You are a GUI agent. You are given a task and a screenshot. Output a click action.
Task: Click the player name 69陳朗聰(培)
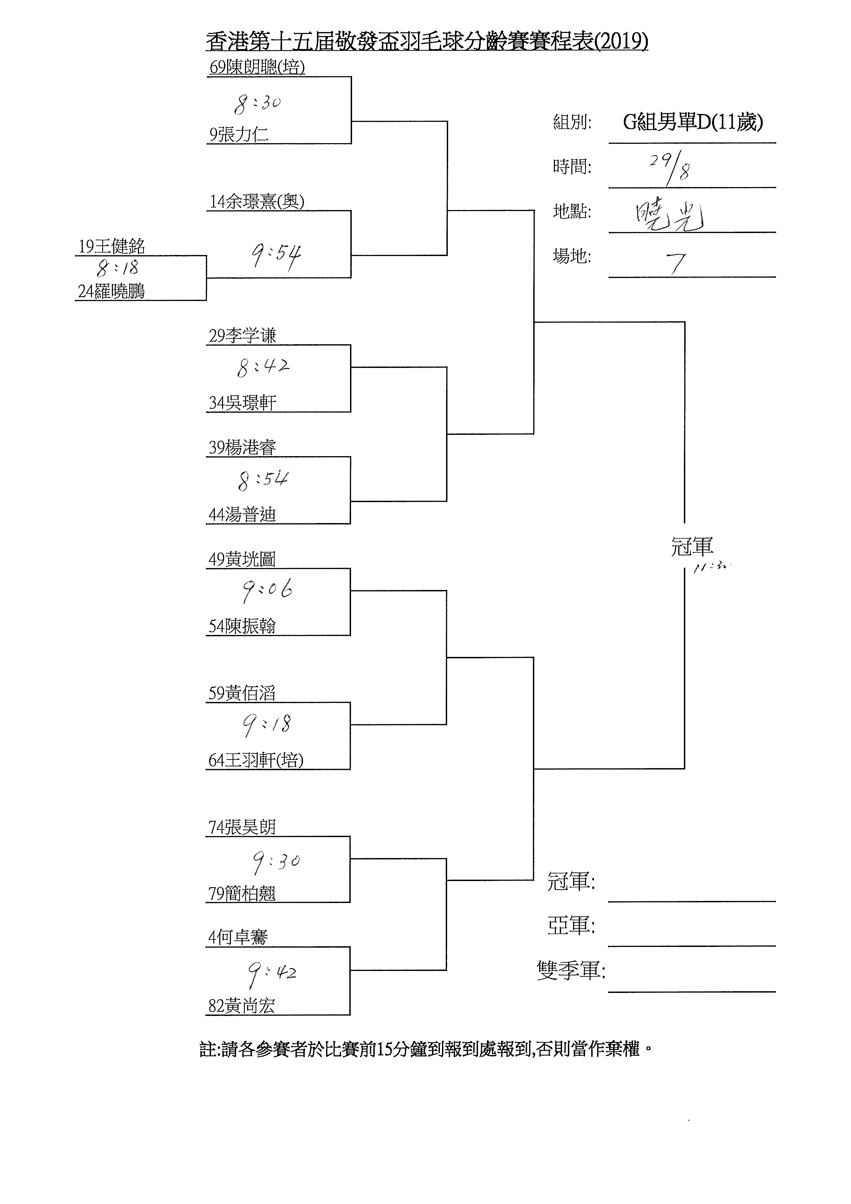point(257,68)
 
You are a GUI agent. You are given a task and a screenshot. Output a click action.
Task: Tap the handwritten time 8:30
point(257,103)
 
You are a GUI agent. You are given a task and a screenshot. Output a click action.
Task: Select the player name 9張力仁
point(239,135)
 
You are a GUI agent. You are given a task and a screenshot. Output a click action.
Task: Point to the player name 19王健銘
point(112,246)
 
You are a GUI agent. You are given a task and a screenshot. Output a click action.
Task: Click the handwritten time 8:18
point(117,268)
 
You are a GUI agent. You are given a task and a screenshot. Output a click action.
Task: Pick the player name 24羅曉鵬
point(111,291)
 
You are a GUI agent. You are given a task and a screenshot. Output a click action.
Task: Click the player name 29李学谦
point(242,336)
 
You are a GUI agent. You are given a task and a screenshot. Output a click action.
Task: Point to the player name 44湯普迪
point(242,515)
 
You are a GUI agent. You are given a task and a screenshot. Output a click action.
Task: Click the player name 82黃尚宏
point(242,1006)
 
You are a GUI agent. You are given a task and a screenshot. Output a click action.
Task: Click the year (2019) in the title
point(621,41)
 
